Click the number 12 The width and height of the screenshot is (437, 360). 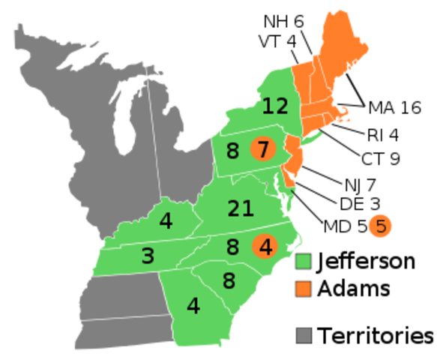click(275, 106)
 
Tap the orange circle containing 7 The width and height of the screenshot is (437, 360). click(262, 150)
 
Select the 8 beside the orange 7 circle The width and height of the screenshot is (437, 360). click(232, 151)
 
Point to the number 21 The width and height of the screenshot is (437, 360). click(241, 208)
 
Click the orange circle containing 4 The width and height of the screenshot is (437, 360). click(265, 246)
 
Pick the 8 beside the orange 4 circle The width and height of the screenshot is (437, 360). click(232, 247)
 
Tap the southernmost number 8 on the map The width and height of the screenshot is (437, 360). click(229, 281)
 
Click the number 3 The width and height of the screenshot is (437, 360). click(148, 256)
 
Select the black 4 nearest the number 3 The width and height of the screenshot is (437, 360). click(166, 221)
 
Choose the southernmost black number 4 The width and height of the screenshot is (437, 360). click(193, 306)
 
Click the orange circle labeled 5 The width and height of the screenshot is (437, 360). click(381, 225)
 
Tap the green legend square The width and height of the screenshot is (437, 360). click(304, 261)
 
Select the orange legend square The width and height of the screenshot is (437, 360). click(304, 289)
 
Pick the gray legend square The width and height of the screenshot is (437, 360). click(304, 335)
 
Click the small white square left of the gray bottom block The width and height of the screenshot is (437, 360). click(75, 321)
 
